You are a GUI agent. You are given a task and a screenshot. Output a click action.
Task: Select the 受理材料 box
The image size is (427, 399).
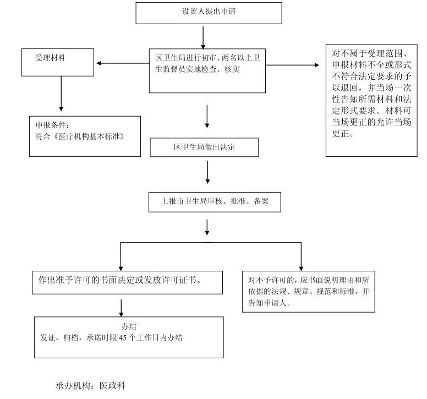58,62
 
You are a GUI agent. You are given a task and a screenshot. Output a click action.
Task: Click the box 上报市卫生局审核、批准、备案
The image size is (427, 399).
215,202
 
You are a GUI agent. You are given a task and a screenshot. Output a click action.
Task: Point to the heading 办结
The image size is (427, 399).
129,326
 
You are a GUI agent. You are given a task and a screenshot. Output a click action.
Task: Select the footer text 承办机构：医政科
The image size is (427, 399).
91,386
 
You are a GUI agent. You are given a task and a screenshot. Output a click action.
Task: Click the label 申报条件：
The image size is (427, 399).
52,124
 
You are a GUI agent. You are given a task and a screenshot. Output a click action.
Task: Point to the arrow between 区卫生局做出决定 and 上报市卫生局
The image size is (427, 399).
207,172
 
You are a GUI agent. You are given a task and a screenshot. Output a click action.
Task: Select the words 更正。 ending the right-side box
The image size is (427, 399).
345,133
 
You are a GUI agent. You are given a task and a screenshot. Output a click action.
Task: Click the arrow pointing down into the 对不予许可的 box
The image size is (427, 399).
301,256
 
